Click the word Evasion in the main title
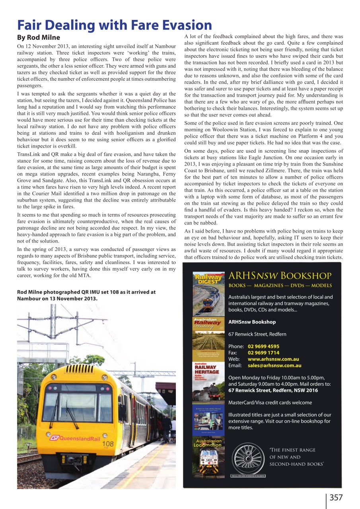[x=179, y=25]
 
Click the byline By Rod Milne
[x=38, y=37]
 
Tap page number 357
[x=336, y=497]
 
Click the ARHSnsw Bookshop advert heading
[x=280, y=276]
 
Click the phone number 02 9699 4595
[x=263, y=346]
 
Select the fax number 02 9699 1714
[x=263, y=353]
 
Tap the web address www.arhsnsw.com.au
[x=273, y=359]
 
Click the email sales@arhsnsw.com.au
[x=274, y=365]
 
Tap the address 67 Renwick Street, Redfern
[x=257, y=334]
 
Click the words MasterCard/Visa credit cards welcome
[x=270, y=402]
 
